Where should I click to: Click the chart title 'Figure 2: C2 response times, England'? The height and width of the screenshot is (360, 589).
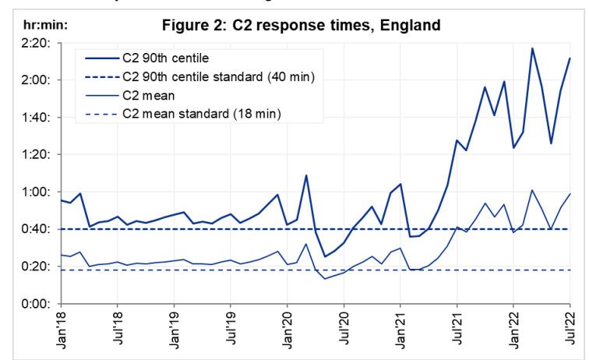point(301,25)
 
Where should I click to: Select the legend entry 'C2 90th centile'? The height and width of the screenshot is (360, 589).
point(164,58)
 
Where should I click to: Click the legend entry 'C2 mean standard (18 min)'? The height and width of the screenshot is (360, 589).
point(202,115)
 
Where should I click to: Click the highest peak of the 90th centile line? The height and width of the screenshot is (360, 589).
point(532,48)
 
